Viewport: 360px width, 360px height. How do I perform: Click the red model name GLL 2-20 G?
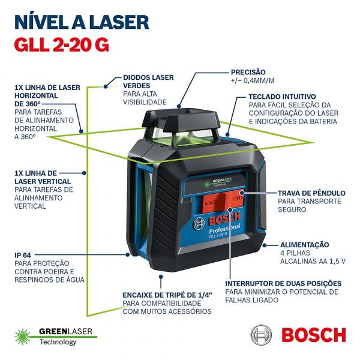click(62, 46)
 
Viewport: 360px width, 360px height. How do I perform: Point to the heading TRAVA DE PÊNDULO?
click(311, 193)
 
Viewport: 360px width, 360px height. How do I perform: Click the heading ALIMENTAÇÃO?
click(305, 244)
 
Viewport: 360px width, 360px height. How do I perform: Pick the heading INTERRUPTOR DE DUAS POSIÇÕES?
click(283, 283)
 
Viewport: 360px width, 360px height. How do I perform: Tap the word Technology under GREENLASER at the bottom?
click(58, 342)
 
